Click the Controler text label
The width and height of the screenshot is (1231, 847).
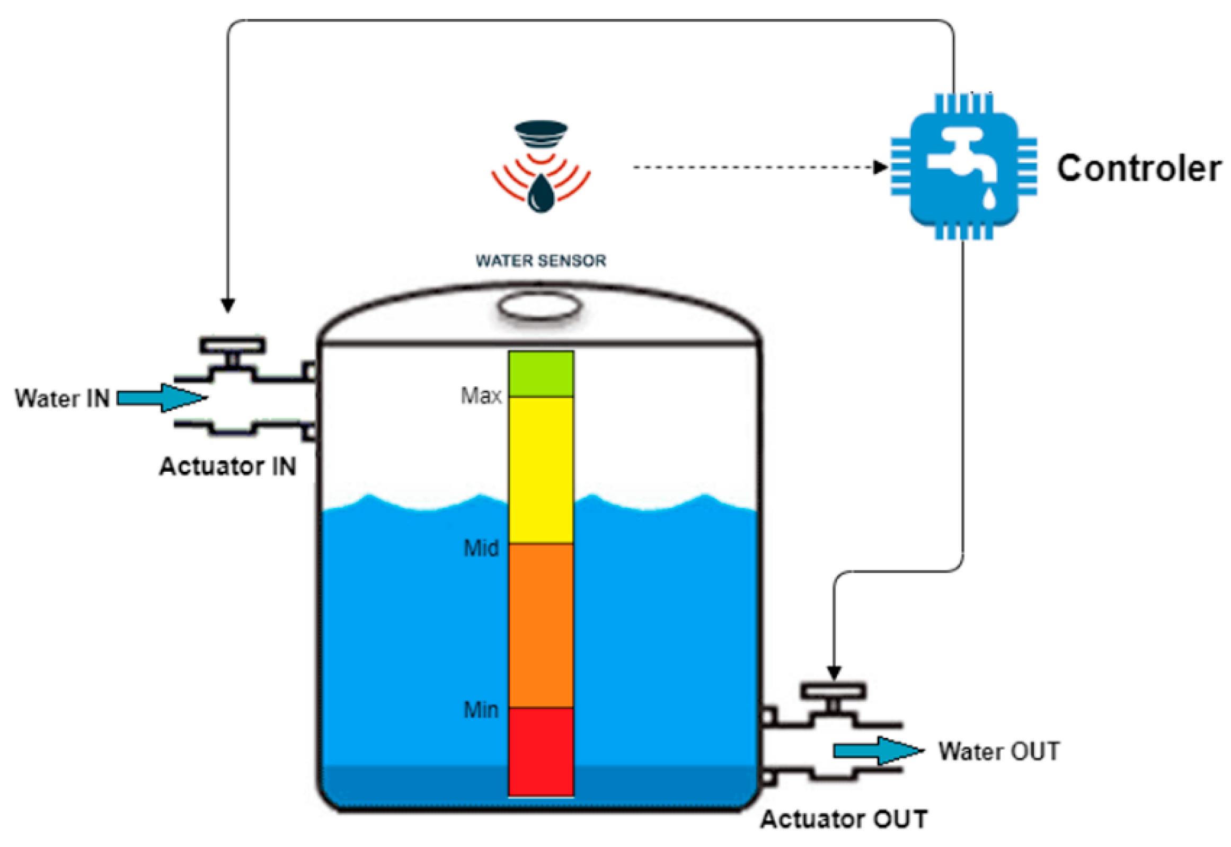point(1138,169)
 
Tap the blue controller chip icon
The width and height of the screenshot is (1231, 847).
point(963,167)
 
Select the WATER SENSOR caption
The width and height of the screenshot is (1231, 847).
point(541,261)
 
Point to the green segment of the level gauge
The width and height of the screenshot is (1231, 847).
point(541,374)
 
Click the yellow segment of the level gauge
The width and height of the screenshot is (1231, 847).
point(541,470)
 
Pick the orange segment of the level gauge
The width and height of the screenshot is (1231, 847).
point(541,625)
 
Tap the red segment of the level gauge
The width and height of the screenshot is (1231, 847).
point(541,751)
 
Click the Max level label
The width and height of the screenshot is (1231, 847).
point(481,396)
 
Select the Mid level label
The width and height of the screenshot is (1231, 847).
point(481,548)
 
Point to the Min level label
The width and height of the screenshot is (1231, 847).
point(481,710)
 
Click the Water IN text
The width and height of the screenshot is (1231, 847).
point(62,399)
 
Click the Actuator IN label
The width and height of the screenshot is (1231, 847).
point(228,466)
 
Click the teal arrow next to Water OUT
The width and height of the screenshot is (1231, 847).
point(878,751)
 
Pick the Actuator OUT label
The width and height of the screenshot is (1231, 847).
point(844,819)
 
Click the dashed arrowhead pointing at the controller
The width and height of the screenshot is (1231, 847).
point(881,167)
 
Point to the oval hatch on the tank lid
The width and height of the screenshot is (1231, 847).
point(539,307)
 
